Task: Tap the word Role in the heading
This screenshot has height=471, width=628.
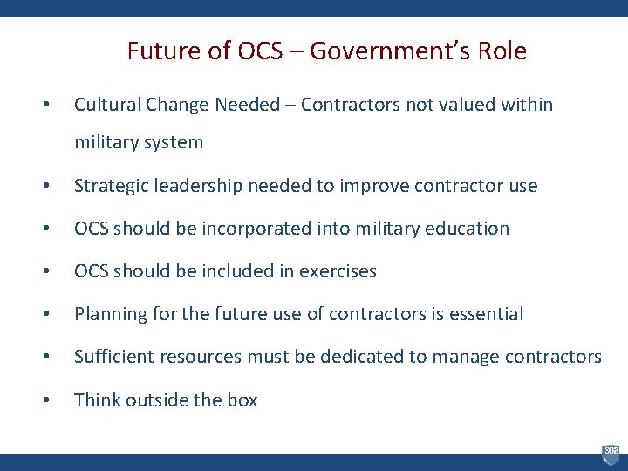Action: point(503,51)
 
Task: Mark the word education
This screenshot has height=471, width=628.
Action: point(467,229)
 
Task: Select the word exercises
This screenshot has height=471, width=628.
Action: point(338,271)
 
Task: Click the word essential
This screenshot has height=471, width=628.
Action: point(486,314)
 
